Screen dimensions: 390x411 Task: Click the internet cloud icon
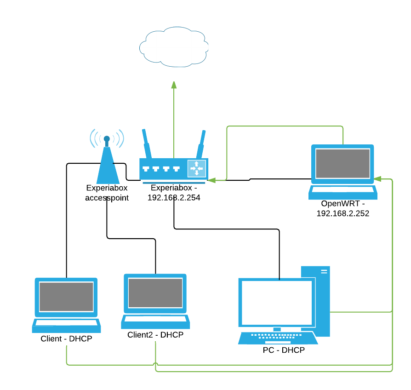[x=174, y=46]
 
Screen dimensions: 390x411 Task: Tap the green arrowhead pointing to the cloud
[x=174, y=85]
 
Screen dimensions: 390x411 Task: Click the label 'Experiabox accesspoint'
[x=107, y=193]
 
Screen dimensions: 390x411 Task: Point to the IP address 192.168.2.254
[x=174, y=197]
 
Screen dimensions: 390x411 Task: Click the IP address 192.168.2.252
[x=343, y=213]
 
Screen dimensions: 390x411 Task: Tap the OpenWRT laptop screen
[x=342, y=164]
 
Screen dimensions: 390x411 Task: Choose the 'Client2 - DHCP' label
[x=155, y=335]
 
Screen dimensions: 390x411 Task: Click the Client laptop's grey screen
[x=66, y=297]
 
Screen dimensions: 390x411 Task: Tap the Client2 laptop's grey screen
[x=155, y=293]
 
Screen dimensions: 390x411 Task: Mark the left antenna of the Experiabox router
[x=146, y=143]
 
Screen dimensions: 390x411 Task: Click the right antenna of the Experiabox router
[x=201, y=144]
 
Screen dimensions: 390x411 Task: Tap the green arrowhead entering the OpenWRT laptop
[x=377, y=178]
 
